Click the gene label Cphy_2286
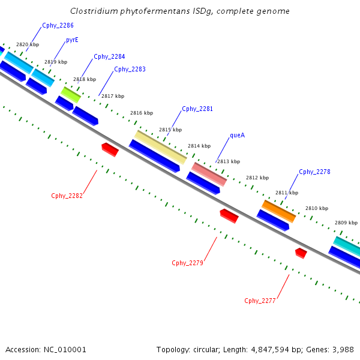58,26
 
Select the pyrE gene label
72,40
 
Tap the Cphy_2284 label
109,57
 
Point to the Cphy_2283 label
130,69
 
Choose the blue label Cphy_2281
197,109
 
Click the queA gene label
237,135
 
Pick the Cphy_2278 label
314,172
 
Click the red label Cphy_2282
67,196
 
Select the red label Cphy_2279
187,263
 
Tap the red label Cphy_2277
260,301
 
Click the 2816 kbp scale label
142,113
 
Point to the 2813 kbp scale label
229,161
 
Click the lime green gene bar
71,94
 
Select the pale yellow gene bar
161,146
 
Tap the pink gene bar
209,173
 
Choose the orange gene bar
279,211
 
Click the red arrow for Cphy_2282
110,149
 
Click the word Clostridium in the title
92,11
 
